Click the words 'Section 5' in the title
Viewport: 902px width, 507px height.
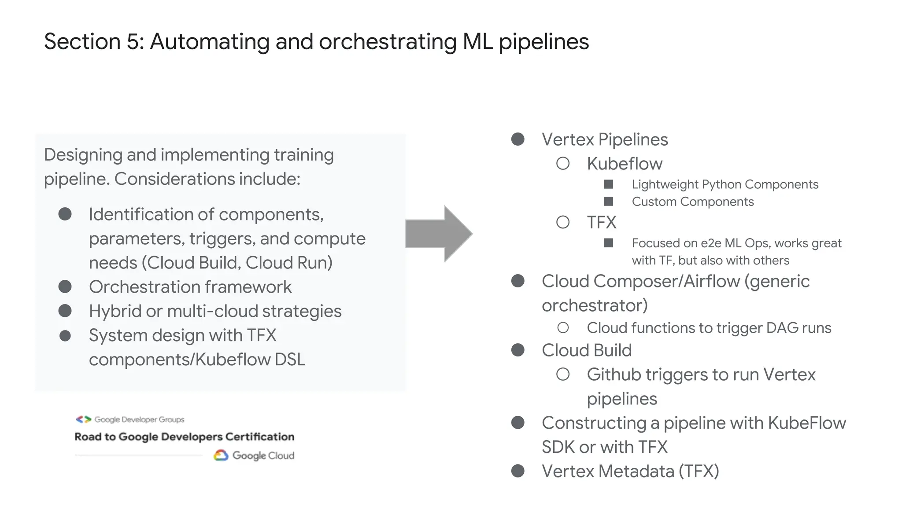[94, 42]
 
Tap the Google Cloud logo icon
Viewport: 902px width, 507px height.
[221, 456]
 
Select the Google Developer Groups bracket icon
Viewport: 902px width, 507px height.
[83, 419]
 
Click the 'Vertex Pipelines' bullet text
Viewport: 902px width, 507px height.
[604, 140]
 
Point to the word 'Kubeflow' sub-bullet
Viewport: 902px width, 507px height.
[624, 164]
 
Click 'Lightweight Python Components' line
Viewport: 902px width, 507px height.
[725, 184]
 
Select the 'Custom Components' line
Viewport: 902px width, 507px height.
[692, 202]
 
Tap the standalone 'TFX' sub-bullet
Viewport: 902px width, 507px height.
[601, 222]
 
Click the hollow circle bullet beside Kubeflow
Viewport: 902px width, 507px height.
[562, 164]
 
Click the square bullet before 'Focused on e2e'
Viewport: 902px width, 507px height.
[608, 243]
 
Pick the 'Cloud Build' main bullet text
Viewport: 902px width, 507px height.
[586, 350]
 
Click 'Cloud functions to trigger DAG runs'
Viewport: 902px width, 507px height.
[709, 328]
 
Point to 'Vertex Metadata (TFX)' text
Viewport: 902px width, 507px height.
[630, 471]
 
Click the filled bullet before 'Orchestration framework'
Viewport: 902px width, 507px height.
[65, 287]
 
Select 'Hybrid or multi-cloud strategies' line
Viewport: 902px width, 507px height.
[215, 311]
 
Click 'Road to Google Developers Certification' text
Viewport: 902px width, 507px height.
[184, 437]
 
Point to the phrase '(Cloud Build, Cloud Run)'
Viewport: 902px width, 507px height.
[237, 263]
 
